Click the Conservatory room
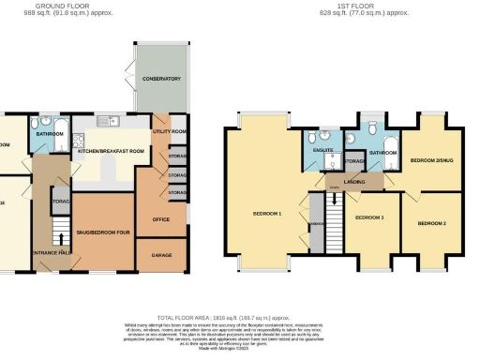[157, 79]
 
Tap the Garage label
[161, 254]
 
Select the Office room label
[160, 219]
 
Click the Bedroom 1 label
[267, 214]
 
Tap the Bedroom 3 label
[368, 217]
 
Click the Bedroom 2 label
[431, 223]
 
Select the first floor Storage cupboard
[354, 162]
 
